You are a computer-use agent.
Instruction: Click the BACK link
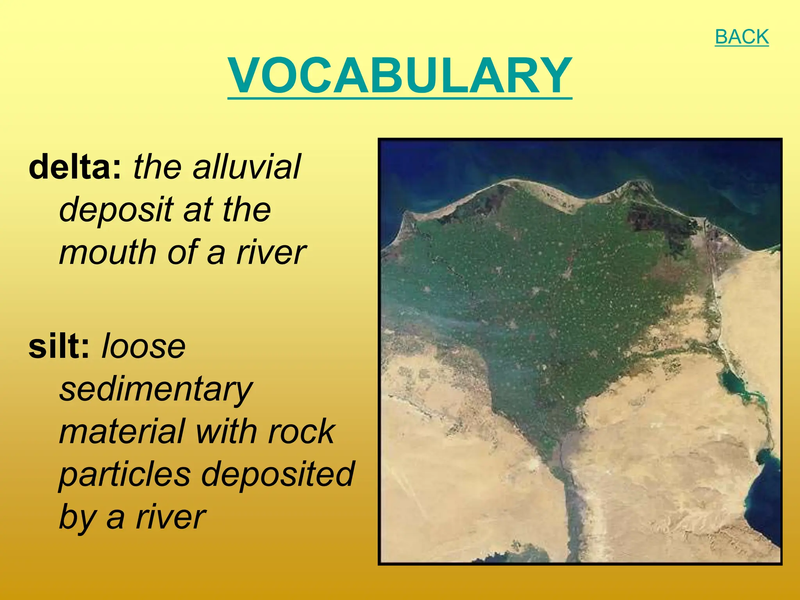pyautogui.click(x=741, y=37)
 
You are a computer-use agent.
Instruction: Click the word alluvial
pyautogui.click(x=246, y=167)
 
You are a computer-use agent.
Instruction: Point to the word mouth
pyautogui.click(x=108, y=252)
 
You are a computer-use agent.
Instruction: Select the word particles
pyautogui.click(x=125, y=474)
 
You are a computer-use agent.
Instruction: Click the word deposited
pyautogui.click(x=278, y=474)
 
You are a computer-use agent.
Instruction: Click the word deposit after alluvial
pyautogui.click(x=116, y=210)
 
